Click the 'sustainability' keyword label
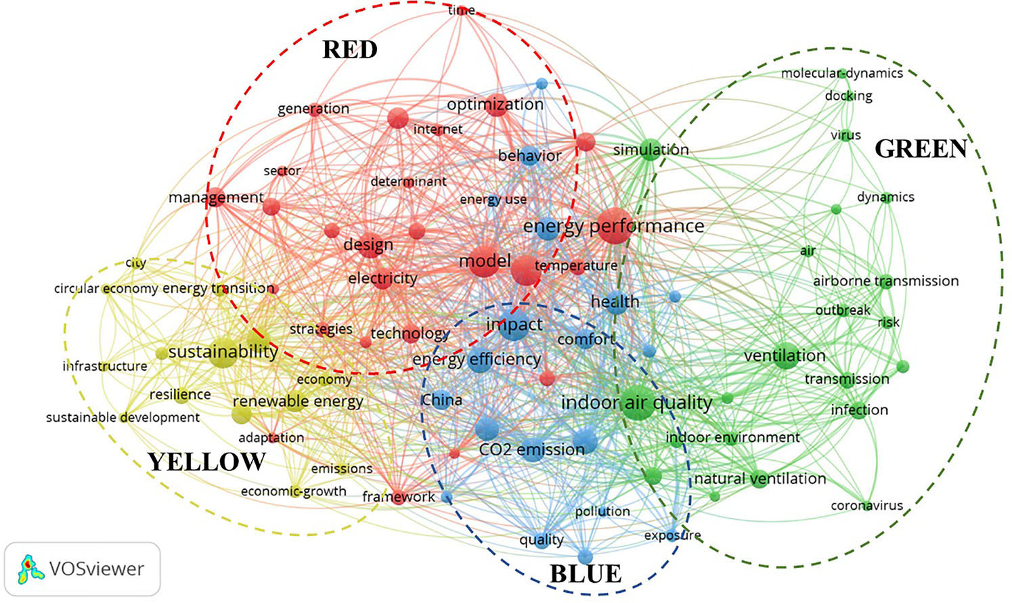pyautogui.click(x=223, y=352)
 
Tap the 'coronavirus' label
pyautogui.click(x=867, y=506)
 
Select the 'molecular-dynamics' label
pyautogui.click(x=842, y=73)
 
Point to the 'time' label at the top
pyautogui.click(x=461, y=10)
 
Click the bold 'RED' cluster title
pyautogui.click(x=350, y=49)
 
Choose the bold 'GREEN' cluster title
pyautogui.click(x=921, y=149)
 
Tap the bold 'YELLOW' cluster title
pyautogui.click(x=206, y=462)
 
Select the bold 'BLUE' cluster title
pyautogui.click(x=586, y=574)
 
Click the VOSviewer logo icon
pyautogui.click(x=30, y=568)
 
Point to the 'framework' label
pyautogui.click(x=399, y=497)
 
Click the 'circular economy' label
pyautogui.click(x=106, y=288)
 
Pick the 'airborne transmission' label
pyautogui.click(x=886, y=282)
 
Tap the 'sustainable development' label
pyautogui.click(x=123, y=418)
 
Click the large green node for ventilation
pyautogui.click(x=785, y=356)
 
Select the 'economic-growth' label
pyautogui.click(x=294, y=491)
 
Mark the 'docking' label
pyautogui.click(x=848, y=95)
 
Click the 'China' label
pyautogui.click(x=441, y=400)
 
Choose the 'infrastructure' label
pyautogui.click(x=105, y=366)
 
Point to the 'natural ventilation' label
pyautogui.click(x=760, y=478)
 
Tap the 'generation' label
pyautogui.click(x=313, y=109)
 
